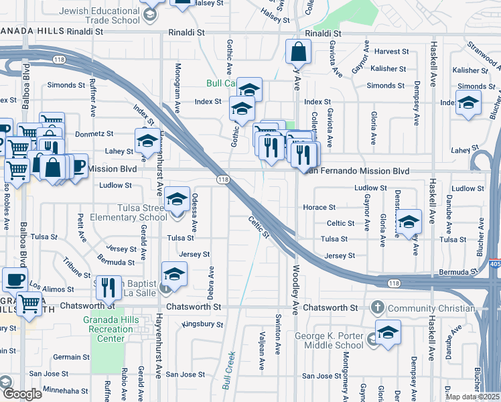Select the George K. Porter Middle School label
tap(330, 340)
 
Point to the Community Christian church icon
tap(377, 308)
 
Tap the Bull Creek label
tap(225, 362)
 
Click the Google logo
tap(21, 394)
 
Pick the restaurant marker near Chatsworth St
tap(109, 287)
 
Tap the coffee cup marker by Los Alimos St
tap(15, 279)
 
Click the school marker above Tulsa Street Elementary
tap(177, 198)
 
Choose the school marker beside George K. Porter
tap(387, 332)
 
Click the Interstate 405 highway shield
tap(495, 261)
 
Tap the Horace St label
tap(319, 208)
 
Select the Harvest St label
tap(392, 52)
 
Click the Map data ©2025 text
tap(472, 397)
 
